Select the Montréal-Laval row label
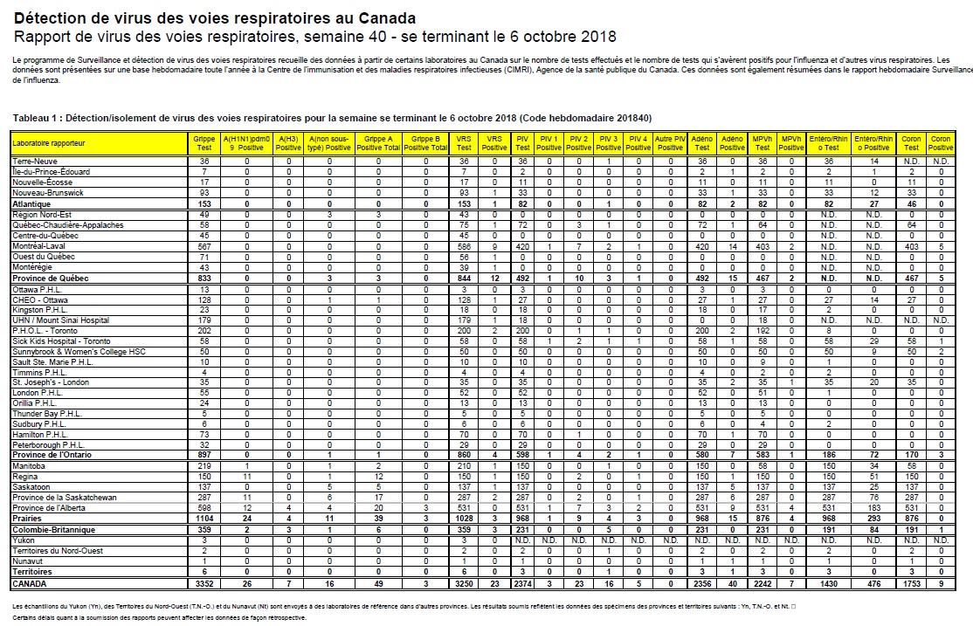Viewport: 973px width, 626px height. (x=39, y=247)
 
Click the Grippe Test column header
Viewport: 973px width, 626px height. (x=204, y=141)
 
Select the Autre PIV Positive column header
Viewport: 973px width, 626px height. (x=670, y=141)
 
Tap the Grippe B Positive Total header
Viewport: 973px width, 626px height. (x=425, y=141)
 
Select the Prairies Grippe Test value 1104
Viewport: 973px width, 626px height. (x=204, y=519)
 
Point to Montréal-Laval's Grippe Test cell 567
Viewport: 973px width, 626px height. (x=204, y=247)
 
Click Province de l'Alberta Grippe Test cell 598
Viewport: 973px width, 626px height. (x=204, y=508)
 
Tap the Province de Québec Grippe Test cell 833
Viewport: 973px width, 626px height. (x=204, y=277)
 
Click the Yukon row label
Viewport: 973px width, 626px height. (x=24, y=540)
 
